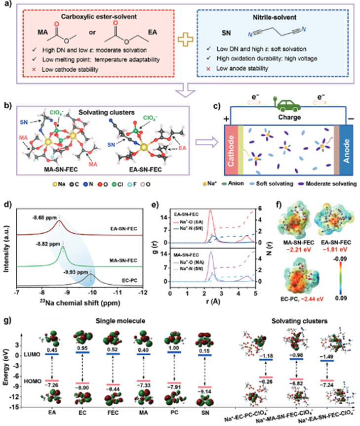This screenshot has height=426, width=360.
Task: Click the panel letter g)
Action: coord(7,318)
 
